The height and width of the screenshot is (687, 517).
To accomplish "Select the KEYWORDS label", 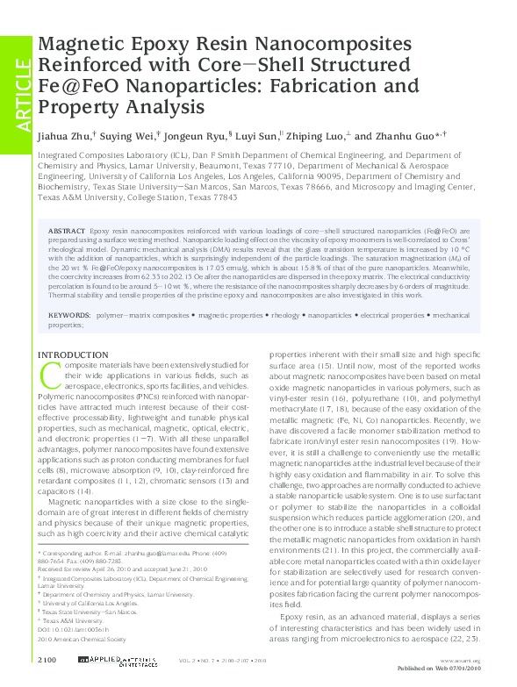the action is (x=68, y=313).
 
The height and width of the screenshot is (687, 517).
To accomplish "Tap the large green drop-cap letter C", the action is (x=50, y=374).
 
